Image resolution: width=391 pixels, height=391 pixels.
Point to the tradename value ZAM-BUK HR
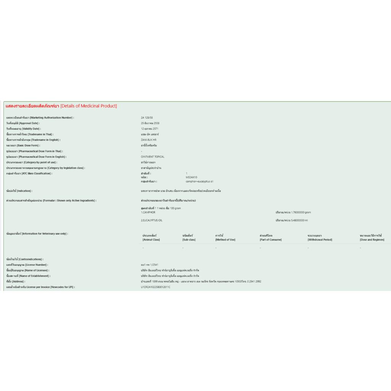pos(149,140)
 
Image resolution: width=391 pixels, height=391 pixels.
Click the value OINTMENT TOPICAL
pos(153,157)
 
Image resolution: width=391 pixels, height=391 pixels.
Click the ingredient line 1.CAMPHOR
pos(148,212)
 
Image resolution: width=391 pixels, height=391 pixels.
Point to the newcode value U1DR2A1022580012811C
pos(155,287)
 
